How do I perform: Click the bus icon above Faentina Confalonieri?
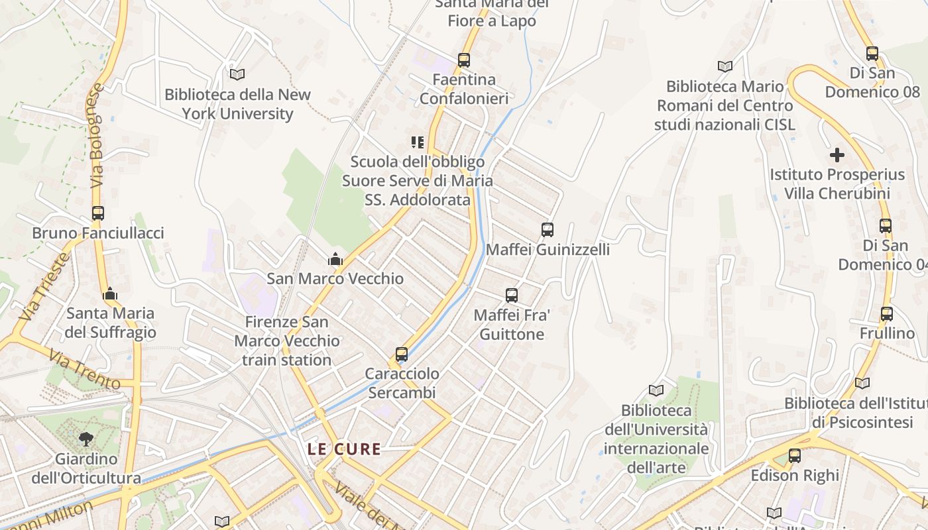[464, 60]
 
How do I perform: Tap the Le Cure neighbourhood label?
[344, 449]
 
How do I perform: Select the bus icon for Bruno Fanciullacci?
[98, 213]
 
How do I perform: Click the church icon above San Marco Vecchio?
[335, 259]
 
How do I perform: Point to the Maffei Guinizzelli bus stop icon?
[548, 230]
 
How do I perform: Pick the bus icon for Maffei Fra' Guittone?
[512, 295]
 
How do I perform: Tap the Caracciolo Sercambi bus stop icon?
[402, 354]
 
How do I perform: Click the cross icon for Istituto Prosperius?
[837, 156]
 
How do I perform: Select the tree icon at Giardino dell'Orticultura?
[86, 439]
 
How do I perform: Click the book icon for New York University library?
[237, 74]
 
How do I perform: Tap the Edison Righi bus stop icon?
[795, 456]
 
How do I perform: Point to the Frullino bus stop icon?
[887, 314]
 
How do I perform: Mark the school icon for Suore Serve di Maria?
[418, 142]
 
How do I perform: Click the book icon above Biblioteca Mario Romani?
[725, 66]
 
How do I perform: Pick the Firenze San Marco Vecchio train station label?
[287, 341]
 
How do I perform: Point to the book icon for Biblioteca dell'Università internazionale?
[656, 391]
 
